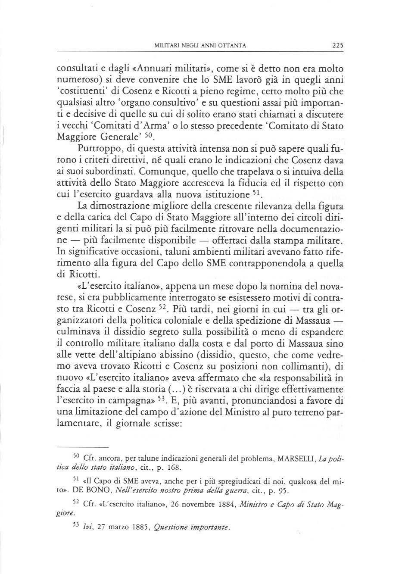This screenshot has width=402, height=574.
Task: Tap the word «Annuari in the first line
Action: click(x=133, y=68)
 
